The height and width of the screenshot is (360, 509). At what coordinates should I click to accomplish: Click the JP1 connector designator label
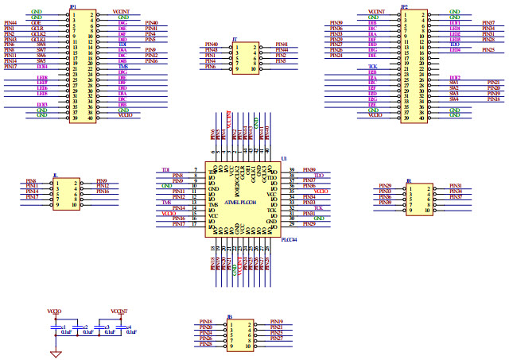72,6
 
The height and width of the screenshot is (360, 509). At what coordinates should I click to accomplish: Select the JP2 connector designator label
405,6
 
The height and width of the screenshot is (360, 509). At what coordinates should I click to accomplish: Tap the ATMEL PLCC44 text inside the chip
243,202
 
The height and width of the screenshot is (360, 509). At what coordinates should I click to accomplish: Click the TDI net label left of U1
166,169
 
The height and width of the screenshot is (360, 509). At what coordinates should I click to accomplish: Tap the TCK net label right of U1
318,207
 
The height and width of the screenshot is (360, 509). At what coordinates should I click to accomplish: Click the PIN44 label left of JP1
10,24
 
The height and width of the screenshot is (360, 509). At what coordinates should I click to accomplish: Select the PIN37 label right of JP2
488,24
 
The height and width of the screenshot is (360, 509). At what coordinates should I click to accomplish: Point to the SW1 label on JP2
455,82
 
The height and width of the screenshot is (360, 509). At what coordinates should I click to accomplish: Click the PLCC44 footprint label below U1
289,238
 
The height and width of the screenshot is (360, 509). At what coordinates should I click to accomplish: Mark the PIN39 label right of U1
309,169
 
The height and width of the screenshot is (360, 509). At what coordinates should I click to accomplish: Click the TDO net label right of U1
318,175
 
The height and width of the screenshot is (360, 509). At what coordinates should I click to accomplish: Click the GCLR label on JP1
38,29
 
